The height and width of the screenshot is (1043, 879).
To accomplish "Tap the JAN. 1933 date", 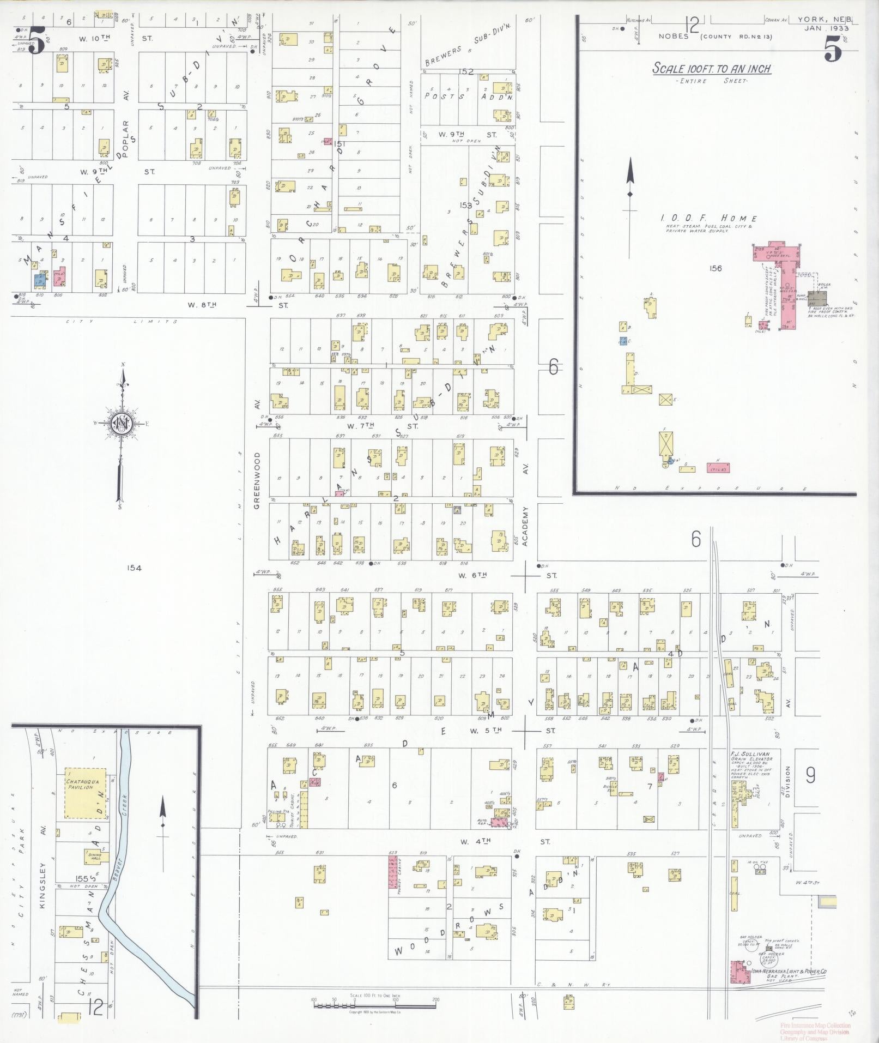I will click(x=827, y=28).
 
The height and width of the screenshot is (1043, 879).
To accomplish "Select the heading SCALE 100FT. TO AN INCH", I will click(x=712, y=69).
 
